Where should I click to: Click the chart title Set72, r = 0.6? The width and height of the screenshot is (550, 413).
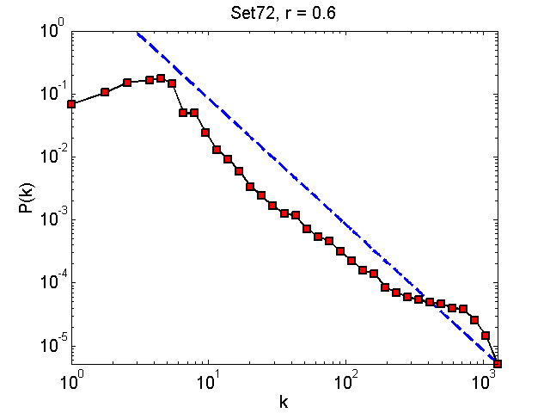284,12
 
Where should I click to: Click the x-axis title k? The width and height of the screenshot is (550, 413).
284,400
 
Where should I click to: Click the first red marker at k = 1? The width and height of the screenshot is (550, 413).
71,104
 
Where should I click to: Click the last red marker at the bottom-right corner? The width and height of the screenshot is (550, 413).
498,363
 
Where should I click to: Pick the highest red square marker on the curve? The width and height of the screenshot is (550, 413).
161,78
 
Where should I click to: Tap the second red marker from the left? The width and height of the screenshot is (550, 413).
105,91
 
